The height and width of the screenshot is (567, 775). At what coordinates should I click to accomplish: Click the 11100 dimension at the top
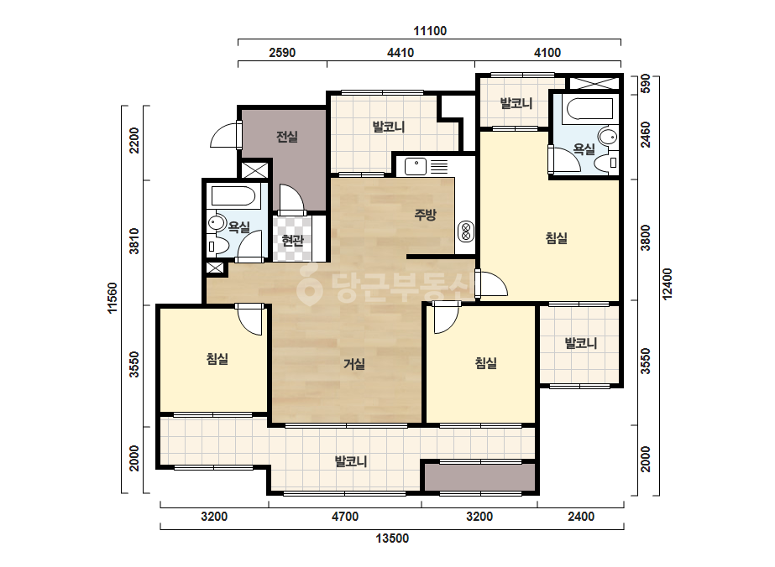point(430,31)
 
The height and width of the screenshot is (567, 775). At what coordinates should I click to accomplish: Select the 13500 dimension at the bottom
point(392,538)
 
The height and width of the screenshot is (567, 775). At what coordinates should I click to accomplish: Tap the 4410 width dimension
point(401,53)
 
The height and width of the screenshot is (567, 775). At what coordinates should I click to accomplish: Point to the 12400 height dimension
point(668,284)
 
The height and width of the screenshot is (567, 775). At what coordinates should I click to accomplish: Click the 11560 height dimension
point(113,298)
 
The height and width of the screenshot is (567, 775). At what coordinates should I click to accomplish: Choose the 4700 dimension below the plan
point(345,517)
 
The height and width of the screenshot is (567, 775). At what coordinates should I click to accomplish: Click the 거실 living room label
point(354,365)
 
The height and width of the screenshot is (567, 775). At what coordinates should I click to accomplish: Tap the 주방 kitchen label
point(425,215)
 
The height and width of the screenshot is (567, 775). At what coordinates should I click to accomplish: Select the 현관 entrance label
point(292,241)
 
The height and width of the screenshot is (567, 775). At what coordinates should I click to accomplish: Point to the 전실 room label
point(287,137)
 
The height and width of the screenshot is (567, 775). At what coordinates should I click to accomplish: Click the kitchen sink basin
point(416,166)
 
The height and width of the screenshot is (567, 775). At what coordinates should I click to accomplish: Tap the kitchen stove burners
point(466,231)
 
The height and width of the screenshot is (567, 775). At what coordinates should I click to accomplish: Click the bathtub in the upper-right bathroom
point(590,109)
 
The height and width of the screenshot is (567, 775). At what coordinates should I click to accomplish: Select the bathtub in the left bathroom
point(233,196)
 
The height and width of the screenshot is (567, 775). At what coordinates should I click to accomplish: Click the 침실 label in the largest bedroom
point(557,238)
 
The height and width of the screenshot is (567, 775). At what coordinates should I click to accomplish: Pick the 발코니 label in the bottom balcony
point(351,462)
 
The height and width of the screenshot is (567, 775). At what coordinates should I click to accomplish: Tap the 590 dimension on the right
point(646,85)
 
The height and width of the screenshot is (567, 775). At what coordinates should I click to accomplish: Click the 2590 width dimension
point(282,53)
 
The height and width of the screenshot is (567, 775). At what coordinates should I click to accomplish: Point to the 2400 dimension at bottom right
point(581,517)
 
